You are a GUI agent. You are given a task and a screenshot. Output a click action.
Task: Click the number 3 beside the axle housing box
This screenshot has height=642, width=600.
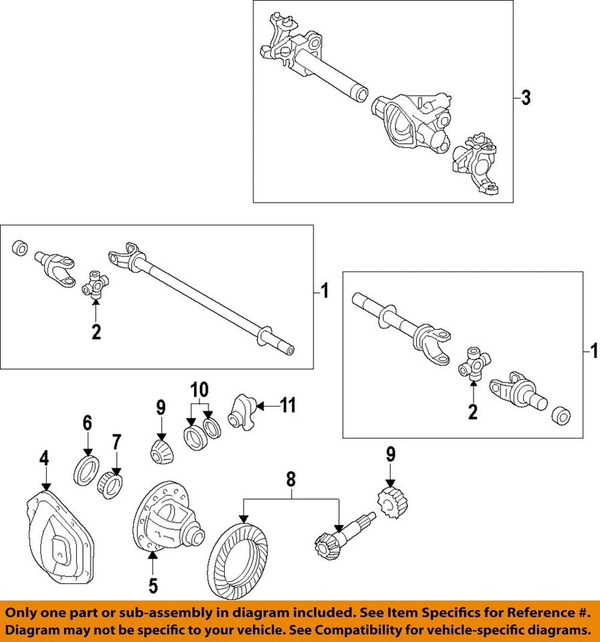pos(526,98)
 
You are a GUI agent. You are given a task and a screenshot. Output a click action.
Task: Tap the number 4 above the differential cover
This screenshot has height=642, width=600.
pos(43,460)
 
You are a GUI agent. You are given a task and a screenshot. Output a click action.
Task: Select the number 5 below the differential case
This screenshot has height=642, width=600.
pos(153,586)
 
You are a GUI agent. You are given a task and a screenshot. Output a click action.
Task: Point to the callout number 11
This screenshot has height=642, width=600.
pos(287,405)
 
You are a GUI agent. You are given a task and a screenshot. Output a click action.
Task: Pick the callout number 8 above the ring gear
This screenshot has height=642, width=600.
pos(290,479)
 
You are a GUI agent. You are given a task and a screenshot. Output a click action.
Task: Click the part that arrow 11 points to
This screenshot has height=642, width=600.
pos(241,410)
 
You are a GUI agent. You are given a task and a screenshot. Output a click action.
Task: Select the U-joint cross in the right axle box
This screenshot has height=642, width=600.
pos(473,364)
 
